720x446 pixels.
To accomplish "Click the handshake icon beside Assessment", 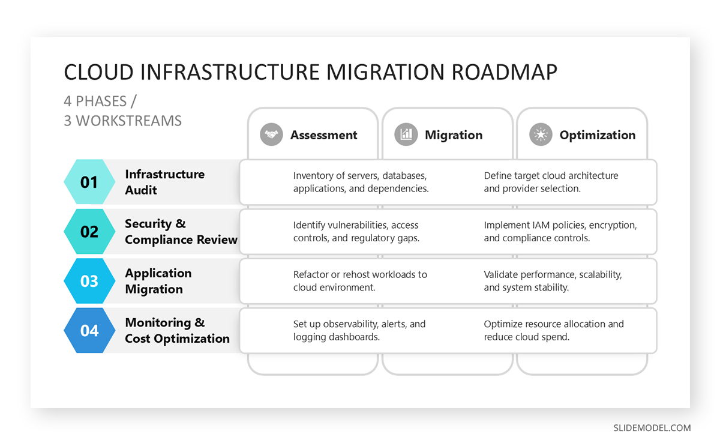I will pyautogui.click(x=271, y=135).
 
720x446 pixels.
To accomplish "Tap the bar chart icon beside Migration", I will pyautogui.click(x=406, y=135).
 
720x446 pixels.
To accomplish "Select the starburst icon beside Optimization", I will pyautogui.click(x=541, y=135).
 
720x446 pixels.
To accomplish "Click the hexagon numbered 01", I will pyautogui.click(x=89, y=182).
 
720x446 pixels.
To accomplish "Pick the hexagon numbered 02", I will pyautogui.click(x=89, y=232).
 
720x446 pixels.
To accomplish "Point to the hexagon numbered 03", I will pyautogui.click(x=89, y=281).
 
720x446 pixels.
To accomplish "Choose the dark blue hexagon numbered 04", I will pyautogui.click(x=89, y=331).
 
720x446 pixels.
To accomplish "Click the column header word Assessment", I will pyautogui.click(x=323, y=135).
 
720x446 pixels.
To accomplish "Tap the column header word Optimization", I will pyautogui.click(x=597, y=135).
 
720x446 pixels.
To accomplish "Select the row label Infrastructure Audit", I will pyautogui.click(x=164, y=182).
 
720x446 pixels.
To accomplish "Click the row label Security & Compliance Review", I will pyautogui.click(x=181, y=232).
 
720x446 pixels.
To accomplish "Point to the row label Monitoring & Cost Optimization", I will pyautogui.click(x=177, y=331).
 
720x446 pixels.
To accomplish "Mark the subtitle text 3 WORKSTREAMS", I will pyautogui.click(x=122, y=121).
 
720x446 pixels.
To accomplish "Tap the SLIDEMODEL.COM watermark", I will pyautogui.click(x=652, y=428).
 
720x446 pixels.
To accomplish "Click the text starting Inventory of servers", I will pyautogui.click(x=361, y=182).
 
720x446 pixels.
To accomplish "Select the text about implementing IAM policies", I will pyautogui.click(x=560, y=232).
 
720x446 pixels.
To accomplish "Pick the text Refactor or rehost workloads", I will pyautogui.click(x=360, y=281).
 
